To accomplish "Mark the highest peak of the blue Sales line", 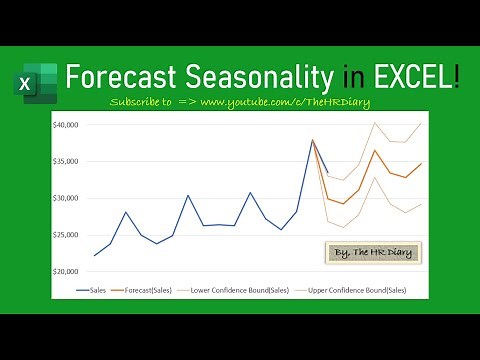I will point(312,140).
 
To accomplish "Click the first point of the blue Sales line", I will point(95,255).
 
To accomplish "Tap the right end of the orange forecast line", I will point(421,163).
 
